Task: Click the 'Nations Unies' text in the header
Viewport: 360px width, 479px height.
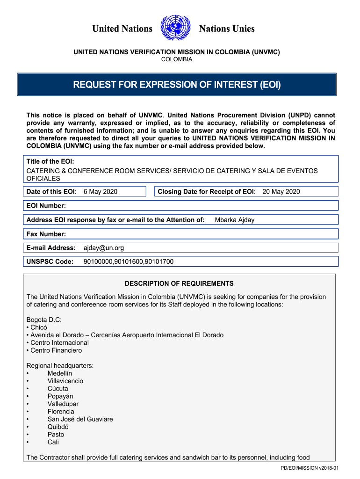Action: click(227, 29)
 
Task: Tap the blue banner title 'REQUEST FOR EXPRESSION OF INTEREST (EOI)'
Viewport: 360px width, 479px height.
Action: click(177, 85)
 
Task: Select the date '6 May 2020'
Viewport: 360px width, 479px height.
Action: click(100, 191)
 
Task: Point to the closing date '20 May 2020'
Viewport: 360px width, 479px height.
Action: click(281, 191)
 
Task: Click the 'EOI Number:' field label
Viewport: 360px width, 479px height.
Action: click(46, 206)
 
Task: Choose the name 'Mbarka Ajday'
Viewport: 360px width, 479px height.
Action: click(235, 220)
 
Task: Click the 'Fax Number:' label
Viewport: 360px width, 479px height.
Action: click(46, 234)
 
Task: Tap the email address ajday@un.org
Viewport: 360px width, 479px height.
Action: click(103, 248)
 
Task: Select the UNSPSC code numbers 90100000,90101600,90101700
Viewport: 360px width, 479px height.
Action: click(128, 261)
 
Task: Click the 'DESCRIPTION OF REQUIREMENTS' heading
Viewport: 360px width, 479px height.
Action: click(179, 283)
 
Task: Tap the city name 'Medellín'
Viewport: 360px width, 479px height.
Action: click(60, 373)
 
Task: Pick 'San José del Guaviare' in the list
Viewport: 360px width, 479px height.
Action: click(80, 419)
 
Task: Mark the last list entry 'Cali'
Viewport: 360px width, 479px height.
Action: click(53, 442)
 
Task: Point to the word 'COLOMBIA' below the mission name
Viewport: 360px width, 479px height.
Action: click(177, 59)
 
